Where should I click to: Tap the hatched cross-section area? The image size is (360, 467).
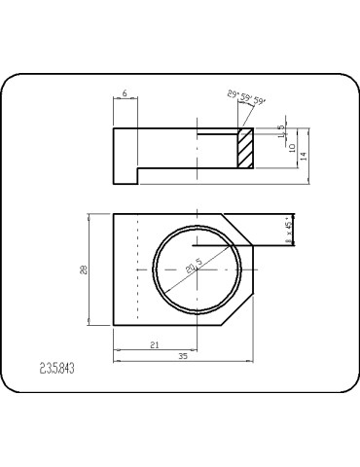246,149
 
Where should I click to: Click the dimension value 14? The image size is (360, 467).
304,155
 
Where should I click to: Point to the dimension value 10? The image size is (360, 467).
291,147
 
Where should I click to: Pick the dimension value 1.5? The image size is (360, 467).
282,131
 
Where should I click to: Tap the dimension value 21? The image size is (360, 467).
156,345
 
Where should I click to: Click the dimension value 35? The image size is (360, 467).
183,358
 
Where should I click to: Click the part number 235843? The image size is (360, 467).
57,369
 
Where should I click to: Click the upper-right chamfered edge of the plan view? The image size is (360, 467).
238,229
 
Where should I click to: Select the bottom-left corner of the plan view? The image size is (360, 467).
115,326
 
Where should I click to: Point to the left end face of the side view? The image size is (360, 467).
115,154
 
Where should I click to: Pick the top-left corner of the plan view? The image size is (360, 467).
115,213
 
